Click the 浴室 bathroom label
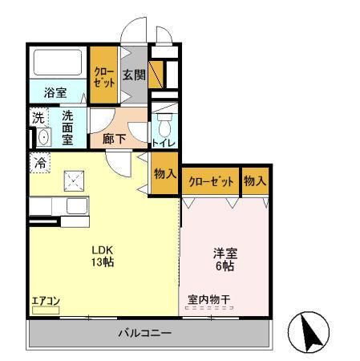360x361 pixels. pyautogui.click(x=55, y=92)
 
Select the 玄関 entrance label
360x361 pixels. pyautogui.click(x=133, y=76)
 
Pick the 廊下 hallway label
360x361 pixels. pyautogui.click(x=114, y=138)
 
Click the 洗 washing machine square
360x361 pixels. pyautogui.click(x=39, y=118)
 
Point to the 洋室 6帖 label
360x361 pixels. pyautogui.click(x=224, y=260)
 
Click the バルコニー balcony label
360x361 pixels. pyautogui.click(x=144, y=332)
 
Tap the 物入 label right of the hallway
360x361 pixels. pyautogui.click(x=164, y=173)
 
